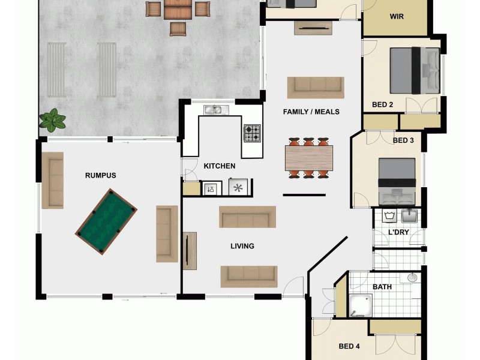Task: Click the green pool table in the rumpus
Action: click(106, 221)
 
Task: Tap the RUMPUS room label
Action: click(100, 176)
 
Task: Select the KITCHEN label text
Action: click(220, 166)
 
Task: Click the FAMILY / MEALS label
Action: click(311, 112)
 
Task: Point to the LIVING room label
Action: click(242, 246)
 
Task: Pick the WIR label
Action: click(397, 17)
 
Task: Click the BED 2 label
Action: click(382, 105)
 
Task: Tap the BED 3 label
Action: click(403, 141)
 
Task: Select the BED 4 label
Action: click(349, 346)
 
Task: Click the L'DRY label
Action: click(398, 232)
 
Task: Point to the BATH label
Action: click(382, 287)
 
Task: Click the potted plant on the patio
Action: click(53, 120)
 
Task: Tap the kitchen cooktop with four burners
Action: click(252, 133)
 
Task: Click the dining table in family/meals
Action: click(308, 158)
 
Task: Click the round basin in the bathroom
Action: click(412, 277)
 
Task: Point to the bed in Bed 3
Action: click(397, 181)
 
